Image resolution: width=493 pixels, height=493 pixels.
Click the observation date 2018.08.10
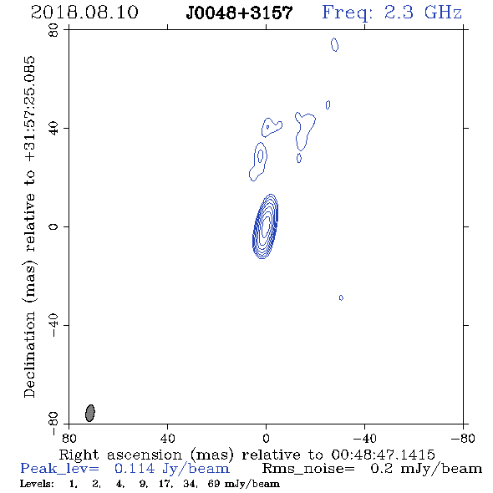[x=84, y=13]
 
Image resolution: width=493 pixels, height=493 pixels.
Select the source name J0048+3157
[x=239, y=13]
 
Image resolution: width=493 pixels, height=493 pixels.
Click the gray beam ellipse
[x=90, y=413]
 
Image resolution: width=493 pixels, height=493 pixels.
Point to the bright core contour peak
[x=266, y=226]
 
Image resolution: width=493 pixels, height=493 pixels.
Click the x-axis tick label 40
[x=167, y=438]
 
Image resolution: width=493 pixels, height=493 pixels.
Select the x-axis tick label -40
[x=364, y=438]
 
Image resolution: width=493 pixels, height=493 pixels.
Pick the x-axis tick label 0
[x=266, y=438]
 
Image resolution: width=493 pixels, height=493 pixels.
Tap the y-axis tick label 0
[x=53, y=226]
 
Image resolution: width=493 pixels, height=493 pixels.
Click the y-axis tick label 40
[x=53, y=129]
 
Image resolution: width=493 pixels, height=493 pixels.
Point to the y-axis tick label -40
[x=53, y=325]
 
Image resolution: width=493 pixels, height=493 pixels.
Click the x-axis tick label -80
[x=463, y=438]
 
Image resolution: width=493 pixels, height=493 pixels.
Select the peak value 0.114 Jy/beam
[x=172, y=469]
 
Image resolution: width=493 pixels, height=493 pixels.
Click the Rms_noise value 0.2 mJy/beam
[x=426, y=469]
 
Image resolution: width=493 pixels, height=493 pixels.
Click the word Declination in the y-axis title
[x=29, y=354]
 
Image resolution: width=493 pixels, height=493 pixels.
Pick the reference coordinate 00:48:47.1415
[x=383, y=455]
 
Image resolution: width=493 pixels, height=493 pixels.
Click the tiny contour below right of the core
[x=341, y=297]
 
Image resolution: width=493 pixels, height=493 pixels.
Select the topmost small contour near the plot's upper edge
[x=335, y=44]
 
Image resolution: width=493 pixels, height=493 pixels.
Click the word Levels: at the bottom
[x=37, y=484]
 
